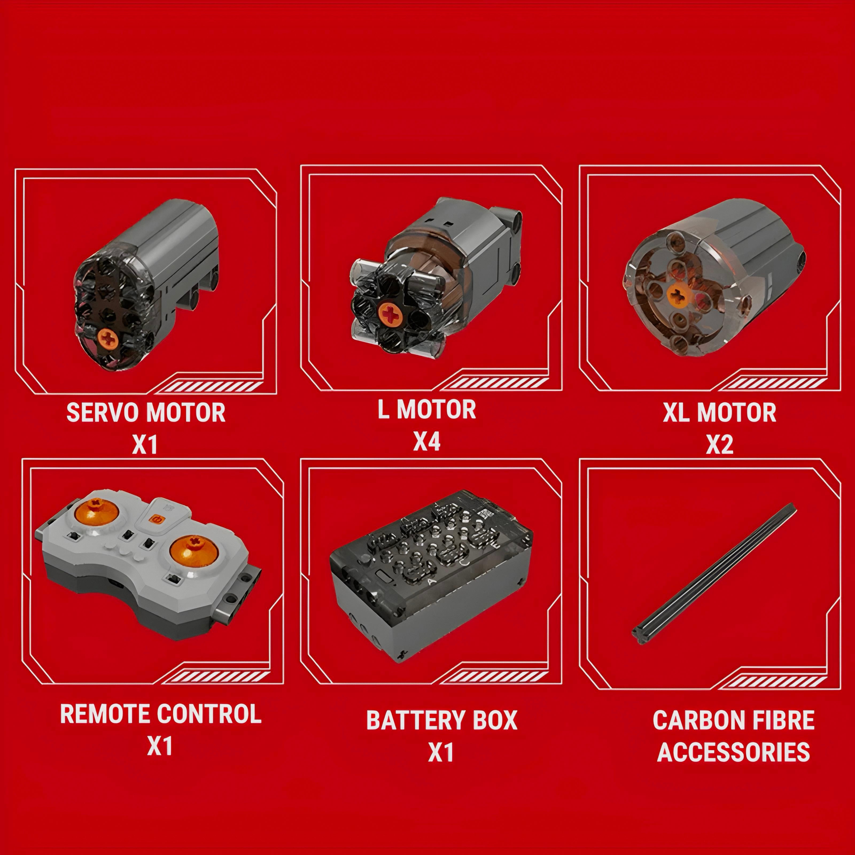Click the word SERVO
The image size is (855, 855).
click(x=103, y=413)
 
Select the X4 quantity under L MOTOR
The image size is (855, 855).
click(x=427, y=441)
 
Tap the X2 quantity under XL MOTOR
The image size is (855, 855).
click(x=719, y=445)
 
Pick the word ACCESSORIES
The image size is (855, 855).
click(x=733, y=752)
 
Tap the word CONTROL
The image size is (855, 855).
click(x=209, y=714)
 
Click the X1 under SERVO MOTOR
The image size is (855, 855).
click(x=145, y=445)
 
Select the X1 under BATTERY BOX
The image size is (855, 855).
click(x=441, y=752)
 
